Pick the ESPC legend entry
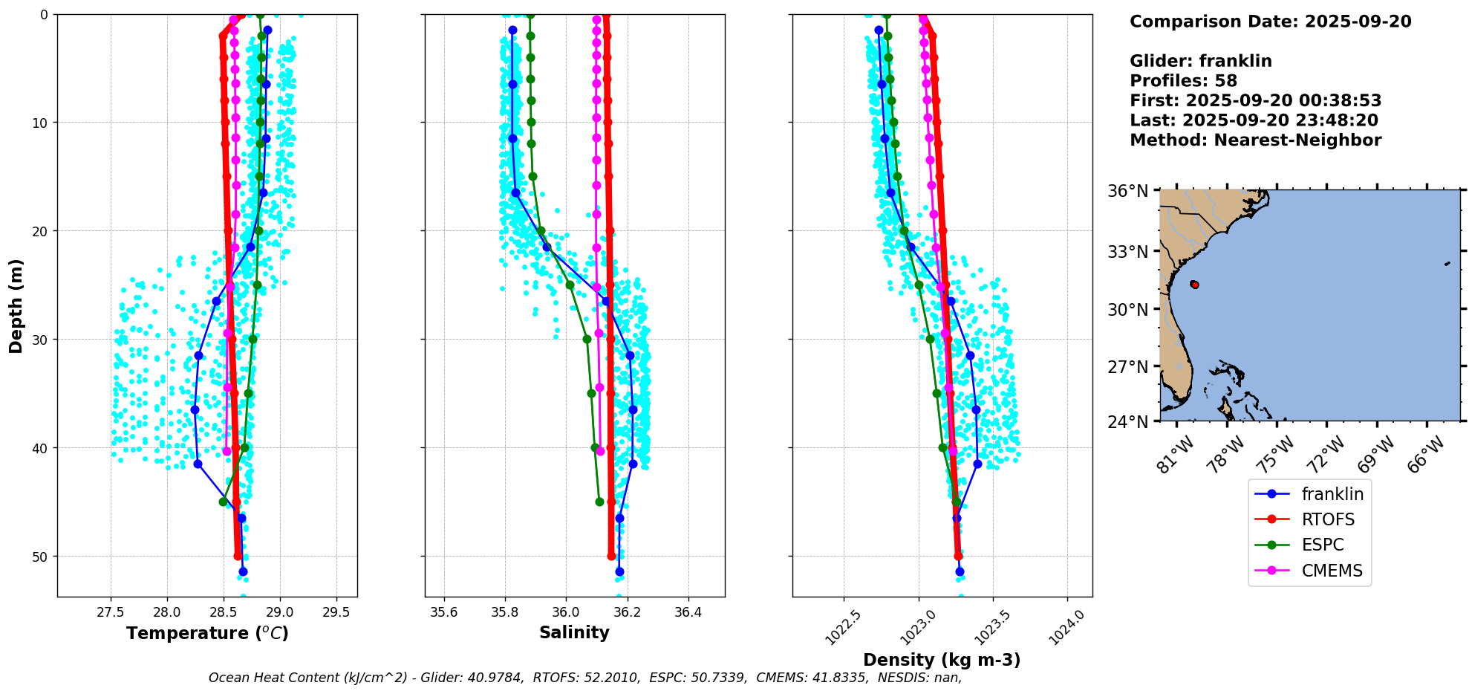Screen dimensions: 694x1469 point(1322,545)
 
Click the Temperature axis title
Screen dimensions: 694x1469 point(207,633)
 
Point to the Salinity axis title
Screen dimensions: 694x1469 point(574,633)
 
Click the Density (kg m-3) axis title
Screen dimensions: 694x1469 point(942,660)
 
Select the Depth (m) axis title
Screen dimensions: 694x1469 point(16,305)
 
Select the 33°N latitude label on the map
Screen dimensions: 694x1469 point(1128,251)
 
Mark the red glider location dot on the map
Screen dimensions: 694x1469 point(1194,285)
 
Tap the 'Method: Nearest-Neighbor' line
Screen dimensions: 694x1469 point(1255,140)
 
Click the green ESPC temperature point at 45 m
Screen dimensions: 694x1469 point(223,502)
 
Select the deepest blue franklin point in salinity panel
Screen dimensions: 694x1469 point(619,571)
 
